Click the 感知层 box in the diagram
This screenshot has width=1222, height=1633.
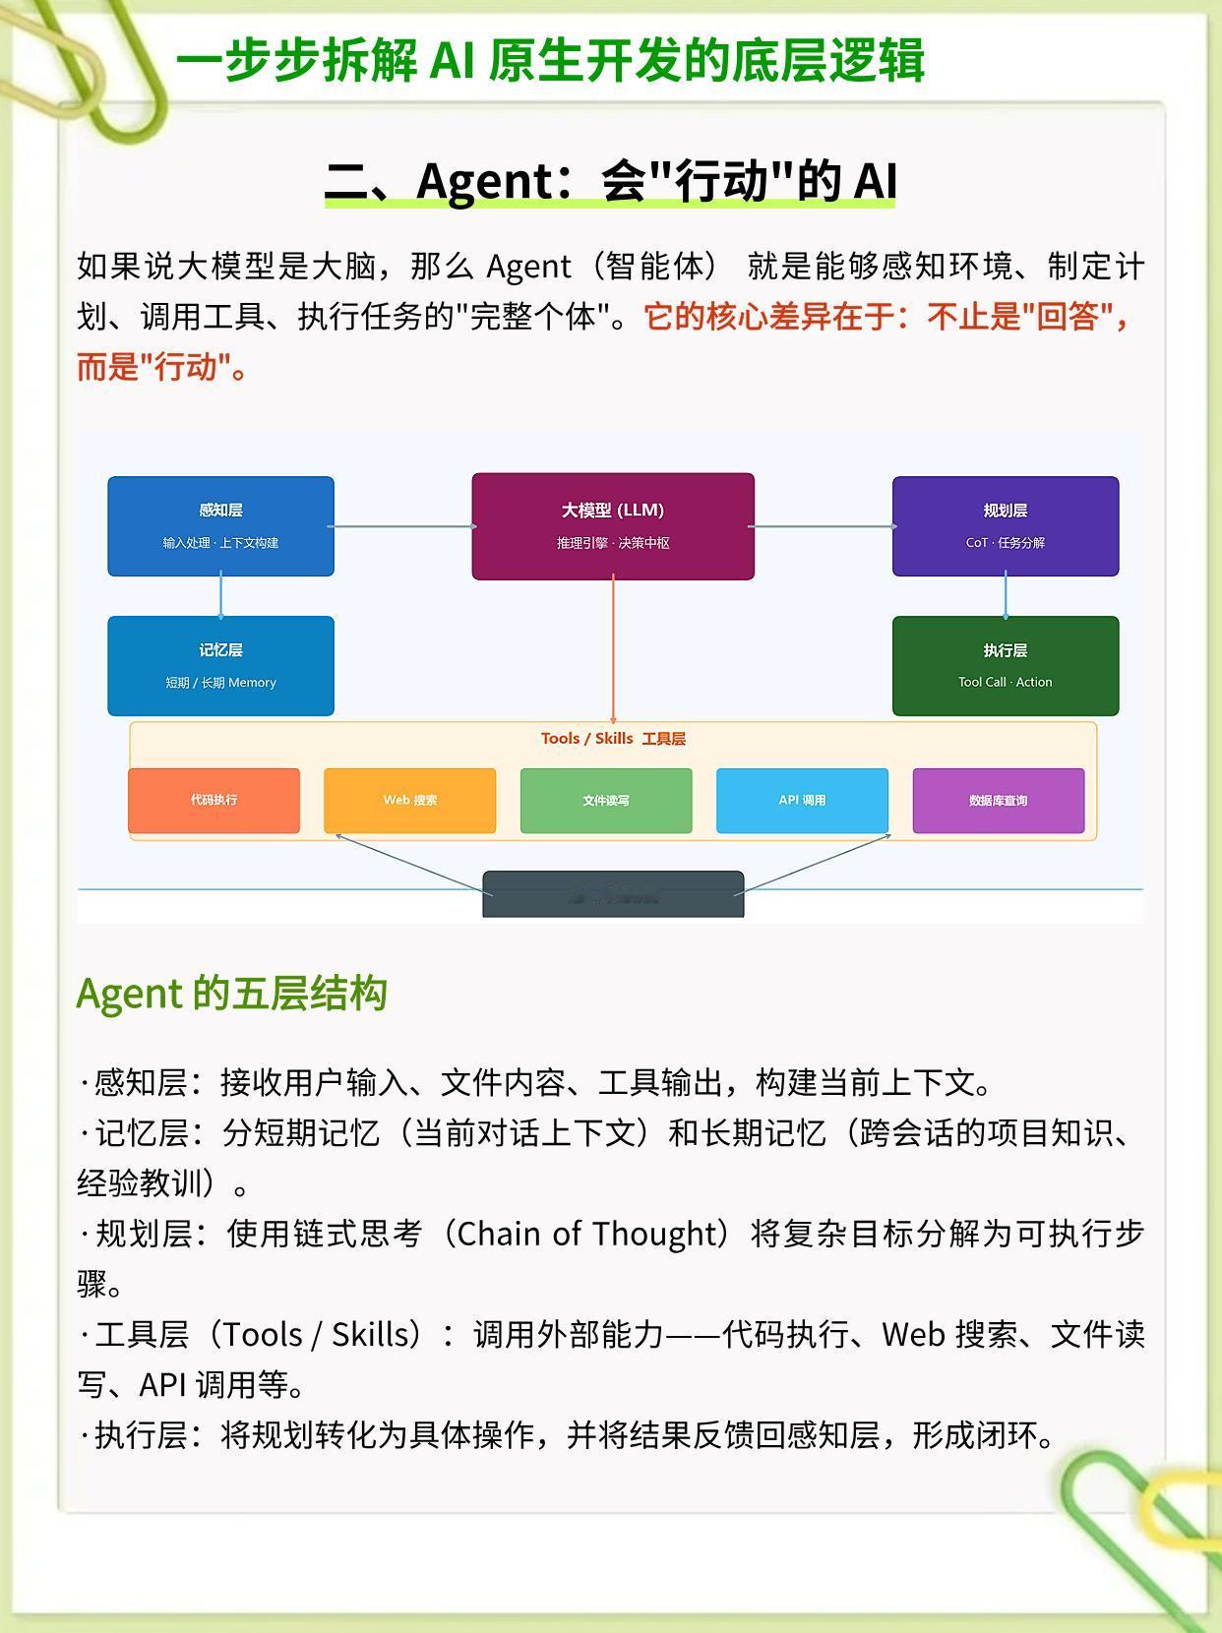pyautogui.click(x=220, y=525)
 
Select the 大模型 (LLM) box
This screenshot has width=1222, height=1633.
pyautogui.click(x=613, y=525)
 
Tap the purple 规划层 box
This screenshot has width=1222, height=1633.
pyautogui.click(x=1005, y=525)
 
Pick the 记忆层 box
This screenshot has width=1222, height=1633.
pyautogui.click(x=220, y=665)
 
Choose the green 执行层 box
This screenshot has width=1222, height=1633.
pyautogui.click(x=1005, y=665)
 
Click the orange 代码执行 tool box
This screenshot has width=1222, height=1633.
pyautogui.click(x=214, y=800)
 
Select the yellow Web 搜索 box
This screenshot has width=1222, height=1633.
pyautogui.click(x=409, y=800)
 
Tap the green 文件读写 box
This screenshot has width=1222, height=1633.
pyautogui.click(x=605, y=800)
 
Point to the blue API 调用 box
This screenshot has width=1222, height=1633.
pyautogui.click(x=802, y=800)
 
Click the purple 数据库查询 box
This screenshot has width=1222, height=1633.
pyautogui.click(x=998, y=800)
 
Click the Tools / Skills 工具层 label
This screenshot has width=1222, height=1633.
pyautogui.click(x=613, y=739)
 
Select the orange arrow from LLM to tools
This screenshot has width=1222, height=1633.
pyautogui.click(x=613, y=649)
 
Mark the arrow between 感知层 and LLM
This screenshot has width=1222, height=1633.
pyautogui.click(x=403, y=526)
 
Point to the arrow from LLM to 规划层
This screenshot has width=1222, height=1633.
pyautogui.click(x=824, y=526)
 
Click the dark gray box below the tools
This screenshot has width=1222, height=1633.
pyautogui.click(x=613, y=894)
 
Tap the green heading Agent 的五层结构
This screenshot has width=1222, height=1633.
pyautogui.click(x=231, y=994)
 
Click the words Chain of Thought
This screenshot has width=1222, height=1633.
pyautogui.click(x=590, y=1234)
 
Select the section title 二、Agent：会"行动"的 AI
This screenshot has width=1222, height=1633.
pyautogui.click(x=610, y=181)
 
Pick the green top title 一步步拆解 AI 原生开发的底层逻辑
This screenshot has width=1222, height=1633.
pyautogui.click(x=550, y=61)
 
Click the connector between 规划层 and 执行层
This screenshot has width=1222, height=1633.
pyautogui.click(x=1005, y=596)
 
